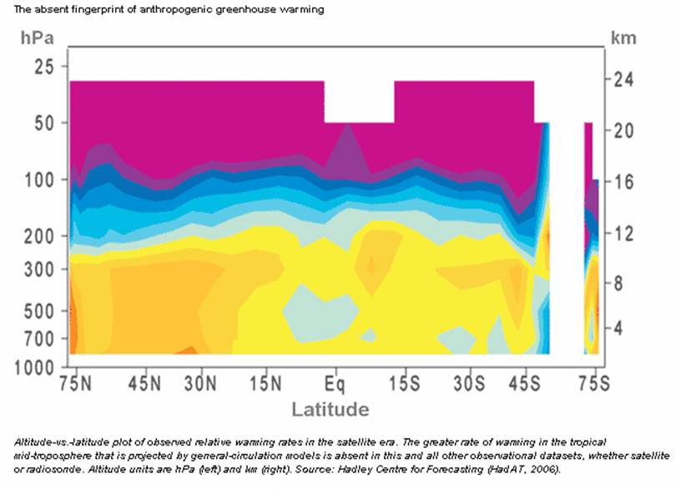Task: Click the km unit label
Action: [623, 38]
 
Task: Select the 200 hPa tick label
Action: [39, 237]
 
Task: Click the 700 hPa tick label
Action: [39, 339]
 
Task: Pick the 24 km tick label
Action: [621, 80]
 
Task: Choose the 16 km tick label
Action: [621, 181]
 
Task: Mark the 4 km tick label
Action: [618, 328]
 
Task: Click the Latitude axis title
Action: [330, 410]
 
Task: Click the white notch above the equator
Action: [359, 101]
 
